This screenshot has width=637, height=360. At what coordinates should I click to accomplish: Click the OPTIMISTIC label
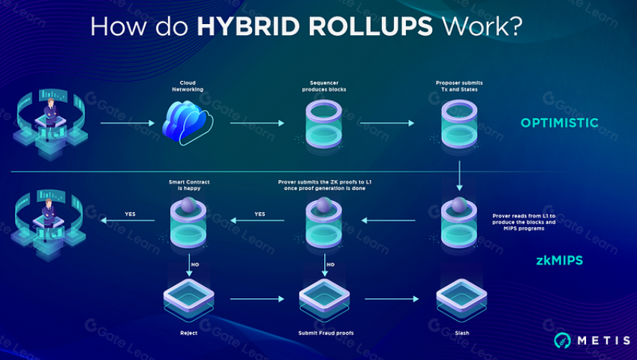tap(560, 123)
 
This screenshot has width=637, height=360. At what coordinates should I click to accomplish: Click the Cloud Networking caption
tap(187, 85)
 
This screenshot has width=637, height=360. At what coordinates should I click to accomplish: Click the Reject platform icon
tap(188, 300)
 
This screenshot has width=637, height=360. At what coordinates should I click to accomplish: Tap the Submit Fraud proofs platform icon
tap(323, 300)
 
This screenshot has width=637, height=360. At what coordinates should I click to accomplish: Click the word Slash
tap(460, 333)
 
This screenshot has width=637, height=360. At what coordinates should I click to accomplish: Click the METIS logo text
tap(603, 340)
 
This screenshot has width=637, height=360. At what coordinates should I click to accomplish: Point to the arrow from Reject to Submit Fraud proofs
tap(257, 298)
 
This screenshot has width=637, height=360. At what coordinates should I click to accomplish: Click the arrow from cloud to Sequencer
tap(257, 123)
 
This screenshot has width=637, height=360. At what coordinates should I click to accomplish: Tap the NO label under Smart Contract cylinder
tap(195, 265)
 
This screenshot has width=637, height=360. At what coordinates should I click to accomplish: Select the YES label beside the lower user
tap(130, 214)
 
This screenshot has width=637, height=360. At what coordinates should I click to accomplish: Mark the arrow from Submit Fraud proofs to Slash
tap(391, 298)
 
